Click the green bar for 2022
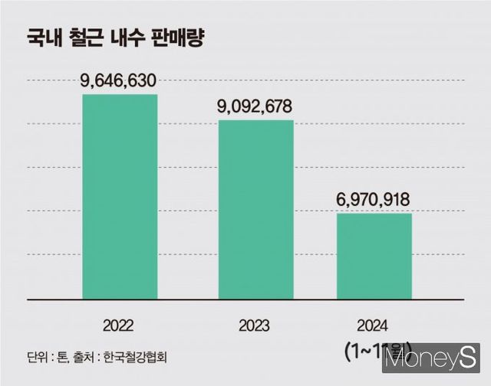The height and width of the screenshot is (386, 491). click(120, 196)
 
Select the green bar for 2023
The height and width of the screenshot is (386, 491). click(255, 209)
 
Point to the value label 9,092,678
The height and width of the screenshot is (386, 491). click(255, 106)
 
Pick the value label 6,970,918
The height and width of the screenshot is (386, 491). click(374, 200)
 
